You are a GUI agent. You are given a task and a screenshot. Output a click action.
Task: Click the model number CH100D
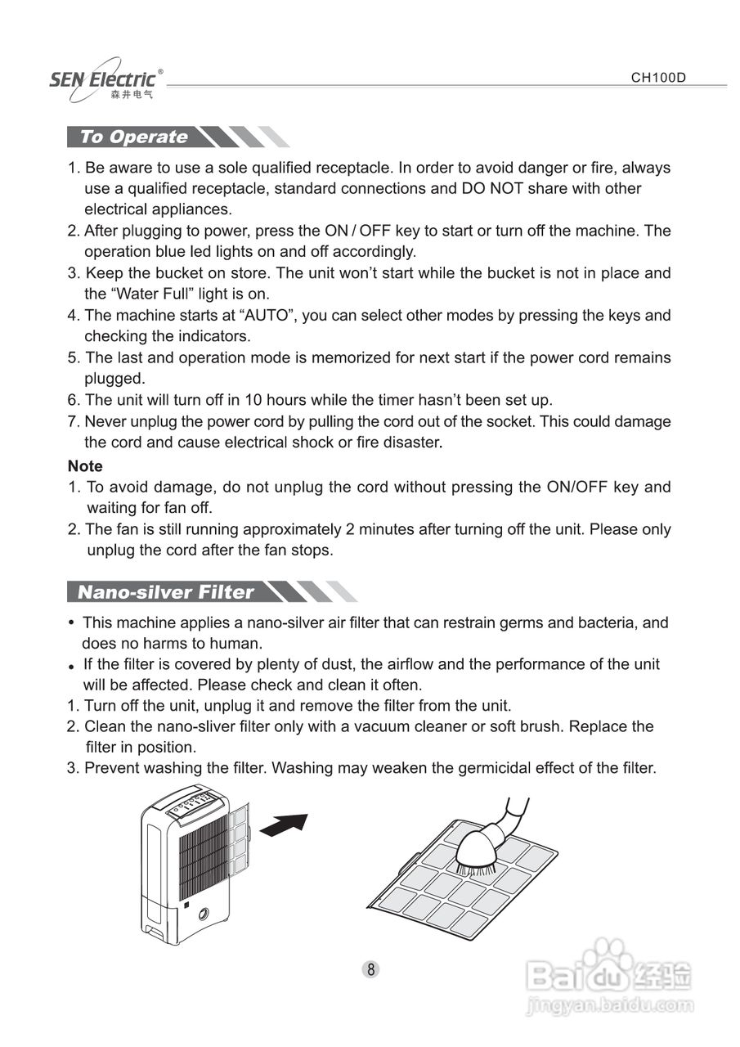(657, 79)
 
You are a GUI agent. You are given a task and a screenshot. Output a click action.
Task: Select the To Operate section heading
(134, 137)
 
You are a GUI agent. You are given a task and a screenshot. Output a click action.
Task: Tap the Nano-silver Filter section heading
(165, 592)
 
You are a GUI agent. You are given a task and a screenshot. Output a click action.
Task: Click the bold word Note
(85, 466)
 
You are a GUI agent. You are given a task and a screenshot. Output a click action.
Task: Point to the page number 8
(370, 970)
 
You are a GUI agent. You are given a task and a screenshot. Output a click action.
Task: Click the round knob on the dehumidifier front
(203, 915)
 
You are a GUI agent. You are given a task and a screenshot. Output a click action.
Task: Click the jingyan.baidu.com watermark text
(609, 1005)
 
